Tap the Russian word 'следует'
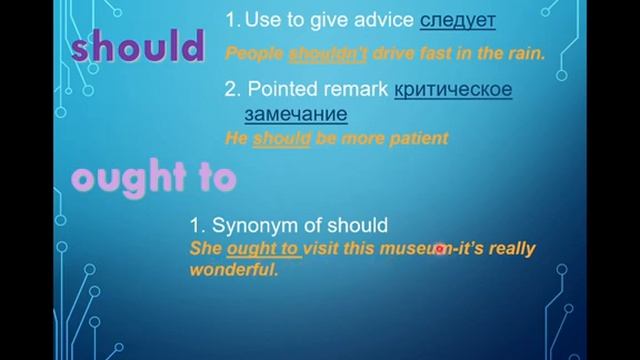click(457, 21)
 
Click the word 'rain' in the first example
click(522, 54)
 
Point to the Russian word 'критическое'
click(453, 89)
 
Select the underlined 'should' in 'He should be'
click(282, 139)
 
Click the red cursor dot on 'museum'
click(439, 249)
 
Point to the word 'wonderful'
click(232, 270)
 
